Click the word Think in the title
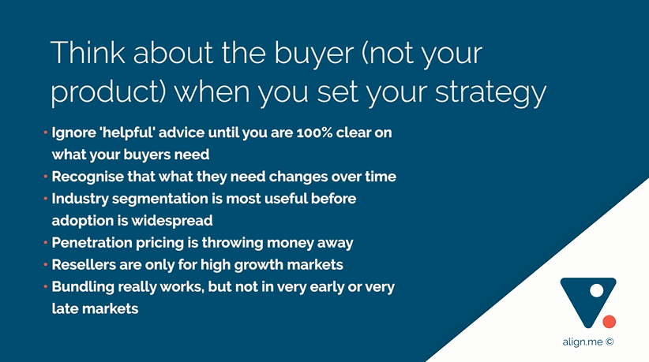pos(88,53)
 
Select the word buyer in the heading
pos(313,55)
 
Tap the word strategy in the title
pos(490,94)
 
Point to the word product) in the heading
pos(108,91)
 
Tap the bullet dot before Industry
pos(46,199)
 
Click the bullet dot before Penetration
pos(46,243)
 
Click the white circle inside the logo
pos(596,290)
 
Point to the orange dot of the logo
pos(610,322)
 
